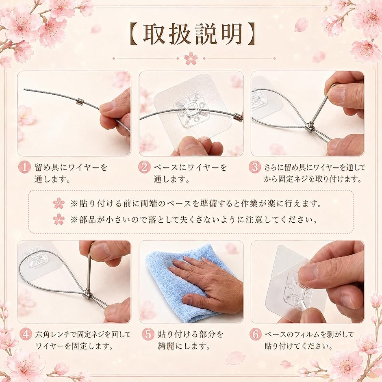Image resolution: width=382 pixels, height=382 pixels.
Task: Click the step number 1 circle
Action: [x=24, y=167]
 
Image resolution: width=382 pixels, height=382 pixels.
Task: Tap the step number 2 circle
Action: [x=144, y=167]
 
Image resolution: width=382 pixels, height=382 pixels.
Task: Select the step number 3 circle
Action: [x=255, y=167]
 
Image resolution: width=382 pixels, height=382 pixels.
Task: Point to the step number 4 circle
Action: [x=26, y=334]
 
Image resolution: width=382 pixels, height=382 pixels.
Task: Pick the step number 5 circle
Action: [x=148, y=334]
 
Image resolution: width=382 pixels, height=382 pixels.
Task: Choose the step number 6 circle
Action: [x=255, y=334]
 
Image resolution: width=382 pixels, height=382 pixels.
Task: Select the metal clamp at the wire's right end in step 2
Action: [x=238, y=117]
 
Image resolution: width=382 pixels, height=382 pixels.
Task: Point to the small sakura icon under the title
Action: [x=191, y=59]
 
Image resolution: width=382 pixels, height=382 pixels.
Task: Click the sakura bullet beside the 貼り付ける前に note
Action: [x=59, y=204]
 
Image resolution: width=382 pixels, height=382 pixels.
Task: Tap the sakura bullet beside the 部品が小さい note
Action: [x=59, y=219]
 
